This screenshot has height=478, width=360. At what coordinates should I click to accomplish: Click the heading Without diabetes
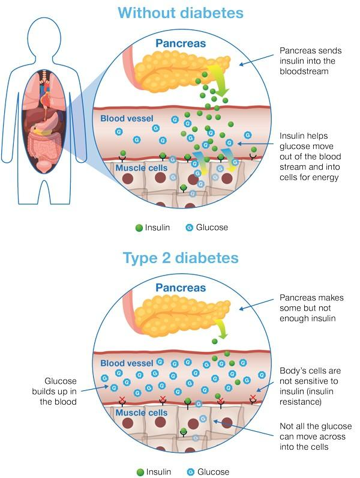[181, 13]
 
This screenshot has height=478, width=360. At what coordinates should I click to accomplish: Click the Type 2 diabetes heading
[181, 258]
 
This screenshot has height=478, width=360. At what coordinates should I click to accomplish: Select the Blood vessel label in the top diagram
[127, 118]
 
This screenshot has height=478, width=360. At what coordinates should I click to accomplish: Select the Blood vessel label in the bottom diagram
[127, 363]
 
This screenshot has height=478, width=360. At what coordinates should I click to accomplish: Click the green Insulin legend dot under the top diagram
[139, 228]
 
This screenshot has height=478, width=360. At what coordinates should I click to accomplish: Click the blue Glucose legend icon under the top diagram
[190, 228]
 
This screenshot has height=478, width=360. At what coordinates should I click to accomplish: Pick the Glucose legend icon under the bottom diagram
[190, 472]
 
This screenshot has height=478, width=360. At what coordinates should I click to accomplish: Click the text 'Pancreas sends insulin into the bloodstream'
[311, 62]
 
